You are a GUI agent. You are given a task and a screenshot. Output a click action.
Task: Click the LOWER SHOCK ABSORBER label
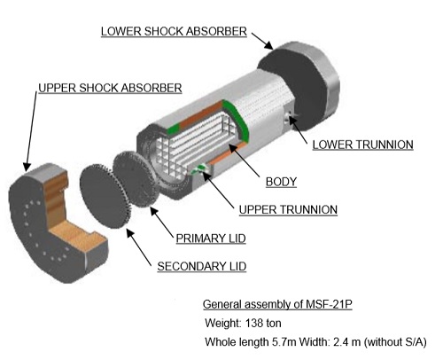tap(174, 31)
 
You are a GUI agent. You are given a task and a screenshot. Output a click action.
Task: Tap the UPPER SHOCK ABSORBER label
tap(110, 88)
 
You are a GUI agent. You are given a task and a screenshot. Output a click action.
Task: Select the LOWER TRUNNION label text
tap(362, 145)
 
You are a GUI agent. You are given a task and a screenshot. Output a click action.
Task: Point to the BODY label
tap(281, 182)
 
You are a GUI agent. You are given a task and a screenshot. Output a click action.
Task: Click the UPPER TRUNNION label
tap(288, 209)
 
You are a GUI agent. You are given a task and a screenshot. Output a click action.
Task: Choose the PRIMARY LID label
tap(211, 239)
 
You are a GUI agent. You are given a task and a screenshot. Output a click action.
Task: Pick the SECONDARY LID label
tap(202, 266)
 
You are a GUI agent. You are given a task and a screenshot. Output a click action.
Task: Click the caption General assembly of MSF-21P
tap(277, 304)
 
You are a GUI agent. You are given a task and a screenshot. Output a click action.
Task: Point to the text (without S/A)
tap(395, 342)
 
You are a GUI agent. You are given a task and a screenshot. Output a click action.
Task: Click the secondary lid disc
tap(105, 196)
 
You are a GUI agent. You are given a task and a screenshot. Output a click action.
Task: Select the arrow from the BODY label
tap(244, 160)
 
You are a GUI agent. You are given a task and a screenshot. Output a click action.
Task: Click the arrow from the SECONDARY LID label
tap(139, 246)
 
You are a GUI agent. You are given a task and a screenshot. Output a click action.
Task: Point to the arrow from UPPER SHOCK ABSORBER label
tap(31, 131)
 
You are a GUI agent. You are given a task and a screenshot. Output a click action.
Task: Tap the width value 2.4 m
tap(346, 342)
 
